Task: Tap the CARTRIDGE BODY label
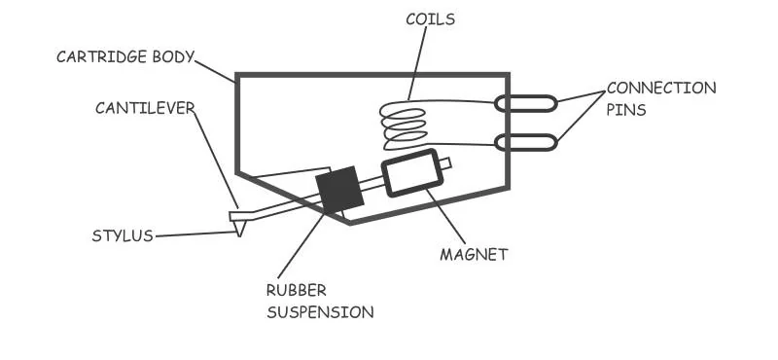coord(124,55)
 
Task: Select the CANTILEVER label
coord(143,107)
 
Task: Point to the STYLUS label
coord(123,235)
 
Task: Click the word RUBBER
coord(297,290)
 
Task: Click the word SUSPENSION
coord(320,312)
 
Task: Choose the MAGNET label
coord(474,255)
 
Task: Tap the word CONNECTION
coord(661,89)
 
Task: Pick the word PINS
coord(626,110)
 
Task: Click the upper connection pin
coord(526,103)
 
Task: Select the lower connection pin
coord(526,143)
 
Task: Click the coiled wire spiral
coord(403,126)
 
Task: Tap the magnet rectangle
coord(411,172)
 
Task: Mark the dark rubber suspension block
coord(339,190)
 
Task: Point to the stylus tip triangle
coord(239,227)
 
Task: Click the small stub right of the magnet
coord(445,164)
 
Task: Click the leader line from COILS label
coord(418,63)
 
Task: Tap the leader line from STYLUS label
coord(194,233)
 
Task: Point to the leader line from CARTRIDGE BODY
coord(215,69)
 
